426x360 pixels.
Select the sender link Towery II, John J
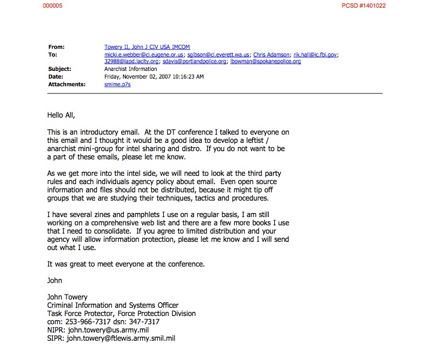tap(147, 47)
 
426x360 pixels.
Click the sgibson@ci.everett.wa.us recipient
tap(219, 55)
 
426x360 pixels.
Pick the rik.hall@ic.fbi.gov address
tap(316, 55)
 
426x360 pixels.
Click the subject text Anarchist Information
tap(131, 69)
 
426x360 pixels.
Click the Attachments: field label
tap(67, 85)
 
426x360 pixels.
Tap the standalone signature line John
tap(54, 280)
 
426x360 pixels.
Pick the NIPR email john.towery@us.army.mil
tap(104, 330)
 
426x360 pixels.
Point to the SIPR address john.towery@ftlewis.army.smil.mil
tap(120, 339)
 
